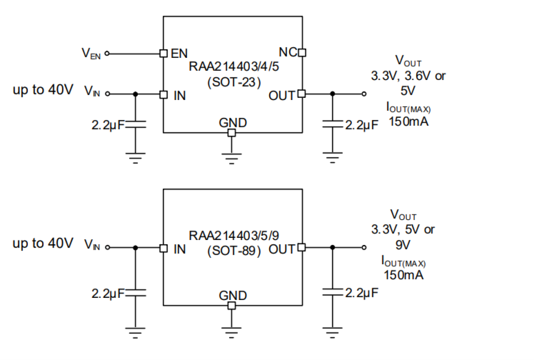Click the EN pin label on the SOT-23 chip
click(x=179, y=54)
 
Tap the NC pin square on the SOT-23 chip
click(x=302, y=53)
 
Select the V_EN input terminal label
click(x=91, y=54)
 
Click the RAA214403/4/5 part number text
click(x=233, y=67)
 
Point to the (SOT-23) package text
click(x=233, y=82)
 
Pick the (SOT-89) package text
click(x=233, y=251)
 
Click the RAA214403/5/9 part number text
click(x=233, y=235)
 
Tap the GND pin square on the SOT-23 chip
click(x=231, y=133)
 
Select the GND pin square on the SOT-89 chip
click(x=231, y=306)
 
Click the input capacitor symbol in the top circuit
click(x=136, y=124)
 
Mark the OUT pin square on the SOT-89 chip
click(x=302, y=247)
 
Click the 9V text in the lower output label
click(x=403, y=245)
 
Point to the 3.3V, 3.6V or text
click(x=408, y=77)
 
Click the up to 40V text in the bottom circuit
click(x=43, y=243)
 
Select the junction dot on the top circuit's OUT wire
click(x=332, y=94)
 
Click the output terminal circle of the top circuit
click(x=364, y=94)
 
